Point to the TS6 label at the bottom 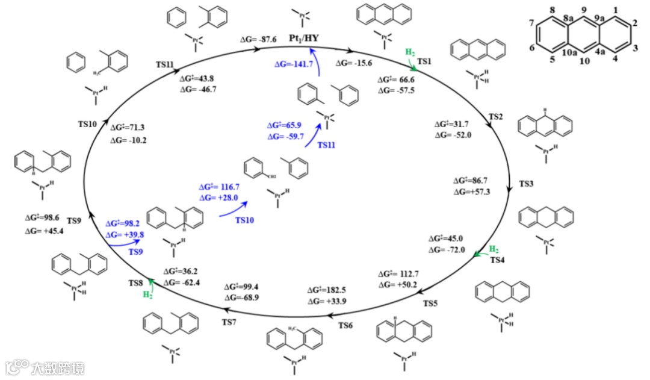345,325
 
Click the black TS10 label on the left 88,123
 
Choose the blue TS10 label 244,220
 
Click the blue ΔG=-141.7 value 294,64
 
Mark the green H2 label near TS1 409,53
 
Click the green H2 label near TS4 494,249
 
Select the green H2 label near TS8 147,294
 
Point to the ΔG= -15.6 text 354,63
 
